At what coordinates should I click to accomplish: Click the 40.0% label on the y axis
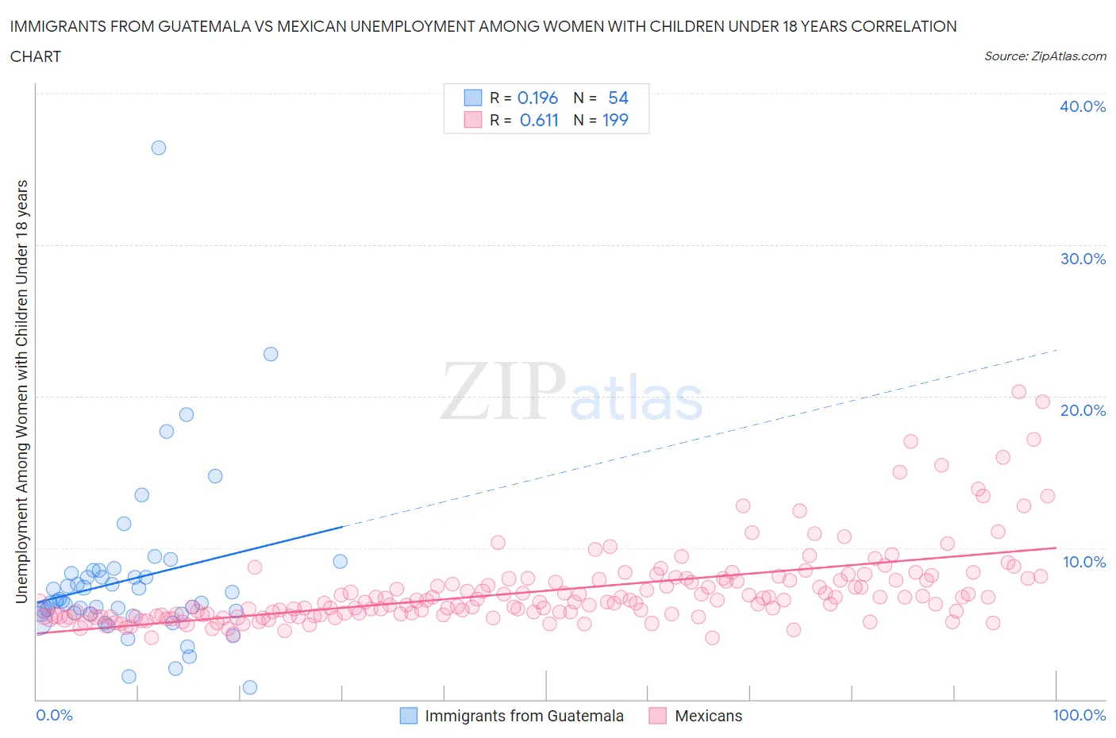pos(1083,106)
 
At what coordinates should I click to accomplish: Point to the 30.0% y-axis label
pos(1083,259)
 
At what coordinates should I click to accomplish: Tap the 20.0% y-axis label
pos(1083,410)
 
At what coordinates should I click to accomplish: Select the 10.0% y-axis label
pos(1083,562)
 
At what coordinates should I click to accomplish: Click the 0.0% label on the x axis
pos(54,715)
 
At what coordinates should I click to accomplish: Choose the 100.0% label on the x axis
pos(1079,715)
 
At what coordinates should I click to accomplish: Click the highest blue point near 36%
pos(159,148)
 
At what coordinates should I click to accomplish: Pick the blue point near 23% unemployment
pos(271,354)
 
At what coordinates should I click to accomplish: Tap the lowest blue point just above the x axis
pos(250,687)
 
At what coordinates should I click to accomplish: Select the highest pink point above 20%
pos(1019,391)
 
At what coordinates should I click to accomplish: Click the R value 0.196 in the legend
pos(537,98)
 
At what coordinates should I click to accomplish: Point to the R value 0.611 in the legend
pos(539,120)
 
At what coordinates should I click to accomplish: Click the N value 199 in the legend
pos(614,120)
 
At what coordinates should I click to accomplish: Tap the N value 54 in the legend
pos(618,98)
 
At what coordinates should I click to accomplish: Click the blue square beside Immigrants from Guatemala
pos(408,716)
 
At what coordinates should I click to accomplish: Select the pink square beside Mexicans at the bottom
pos(657,716)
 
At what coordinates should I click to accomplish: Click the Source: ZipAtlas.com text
pos(1045,56)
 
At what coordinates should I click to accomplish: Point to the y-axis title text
pos(21,391)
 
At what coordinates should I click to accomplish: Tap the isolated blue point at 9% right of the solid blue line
pos(340,561)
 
